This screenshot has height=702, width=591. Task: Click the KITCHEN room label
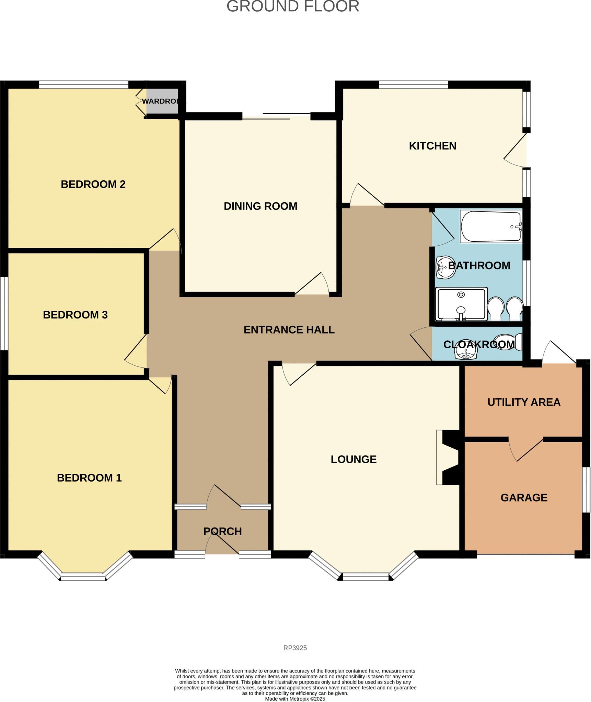[x=432, y=146]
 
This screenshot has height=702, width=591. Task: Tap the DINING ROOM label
[x=260, y=206]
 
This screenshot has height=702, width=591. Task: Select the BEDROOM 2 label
[x=93, y=184]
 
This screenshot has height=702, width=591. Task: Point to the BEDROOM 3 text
[x=75, y=315]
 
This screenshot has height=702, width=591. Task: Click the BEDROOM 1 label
[x=89, y=477]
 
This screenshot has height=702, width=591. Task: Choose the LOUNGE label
[x=354, y=459]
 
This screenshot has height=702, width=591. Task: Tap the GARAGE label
[x=524, y=497]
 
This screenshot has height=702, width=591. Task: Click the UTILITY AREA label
[x=524, y=402]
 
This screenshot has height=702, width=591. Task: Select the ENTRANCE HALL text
[x=289, y=330]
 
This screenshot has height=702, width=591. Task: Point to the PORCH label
[x=222, y=531]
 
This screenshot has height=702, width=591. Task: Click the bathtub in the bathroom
[x=491, y=227]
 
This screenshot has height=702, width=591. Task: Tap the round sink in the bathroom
[x=445, y=267]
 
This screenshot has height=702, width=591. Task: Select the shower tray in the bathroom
[x=461, y=304]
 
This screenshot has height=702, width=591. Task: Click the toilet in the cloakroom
[x=508, y=342]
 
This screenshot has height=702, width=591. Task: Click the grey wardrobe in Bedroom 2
[x=162, y=101]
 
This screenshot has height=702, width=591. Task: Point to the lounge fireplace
[x=448, y=457]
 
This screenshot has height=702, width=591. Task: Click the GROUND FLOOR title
[x=293, y=7]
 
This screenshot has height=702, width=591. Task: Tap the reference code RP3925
[x=295, y=648]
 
